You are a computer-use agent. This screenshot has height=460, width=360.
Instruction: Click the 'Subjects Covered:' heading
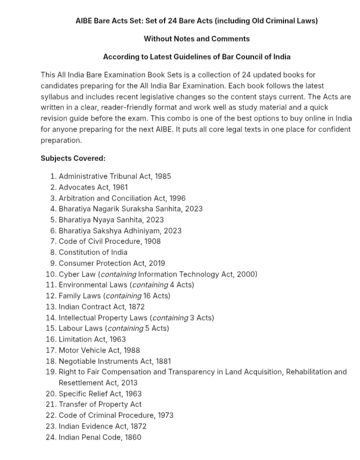(x=73, y=158)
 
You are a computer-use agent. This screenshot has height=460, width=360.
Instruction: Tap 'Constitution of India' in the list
(x=93, y=252)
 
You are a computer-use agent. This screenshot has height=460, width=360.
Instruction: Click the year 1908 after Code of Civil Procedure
(x=152, y=241)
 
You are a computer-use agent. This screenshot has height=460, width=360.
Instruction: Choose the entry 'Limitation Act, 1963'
(x=92, y=339)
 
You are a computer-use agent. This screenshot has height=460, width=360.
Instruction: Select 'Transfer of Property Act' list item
(x=100, y=404)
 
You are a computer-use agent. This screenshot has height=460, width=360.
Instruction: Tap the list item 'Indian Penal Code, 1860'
(x=100, y=437)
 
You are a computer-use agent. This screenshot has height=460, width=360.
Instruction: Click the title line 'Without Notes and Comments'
(x=196, y=38)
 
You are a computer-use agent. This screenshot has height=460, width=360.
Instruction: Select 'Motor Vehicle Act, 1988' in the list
(x=99, y=350)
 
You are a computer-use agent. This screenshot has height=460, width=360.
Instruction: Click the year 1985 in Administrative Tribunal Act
(x=162, y=176)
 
